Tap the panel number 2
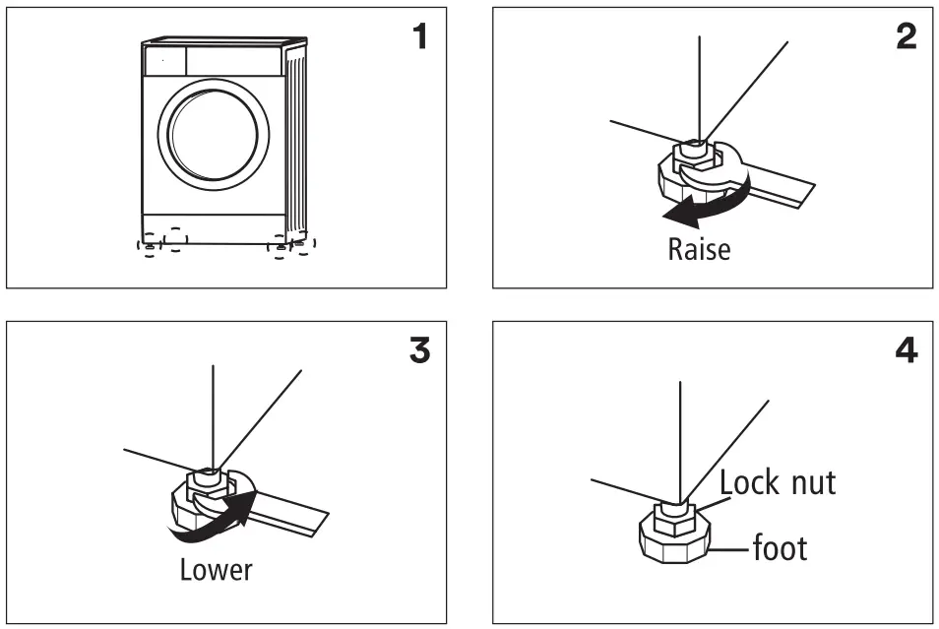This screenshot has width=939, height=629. click(x=906, y=37)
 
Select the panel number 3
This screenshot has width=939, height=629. click(x=418, y=351)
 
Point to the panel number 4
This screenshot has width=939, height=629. click(x=906, y=351)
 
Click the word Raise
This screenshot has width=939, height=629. click(x=699, y=249)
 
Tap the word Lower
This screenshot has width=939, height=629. click(x=216, y=569)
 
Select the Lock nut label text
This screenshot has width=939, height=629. click(x=777, y=482)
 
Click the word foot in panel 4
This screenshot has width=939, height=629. click(x=780, y=546)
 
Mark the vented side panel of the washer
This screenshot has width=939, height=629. click(x=295, y=138)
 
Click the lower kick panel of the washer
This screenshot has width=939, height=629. click(x=214, y=228)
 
